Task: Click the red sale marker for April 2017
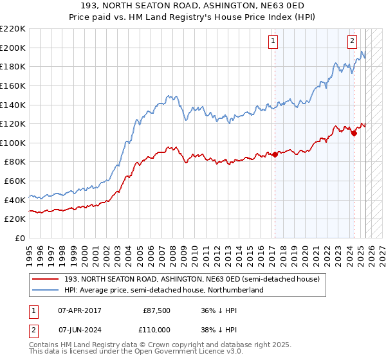(x=275, y=154)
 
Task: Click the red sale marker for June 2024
(x=354, y=133)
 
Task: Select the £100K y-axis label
(x=14, y=143)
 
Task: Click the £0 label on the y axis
(x=19, y=238)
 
